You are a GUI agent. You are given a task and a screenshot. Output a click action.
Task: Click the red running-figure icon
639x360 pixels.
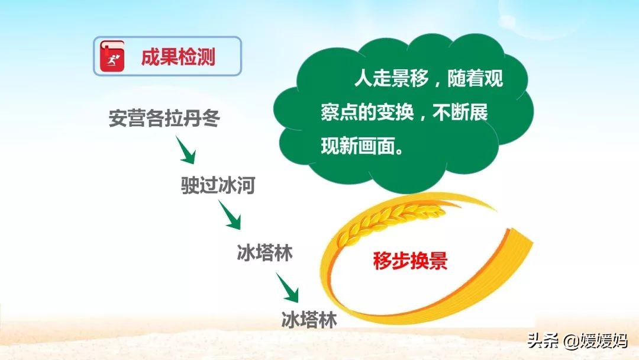(x=112, y=56)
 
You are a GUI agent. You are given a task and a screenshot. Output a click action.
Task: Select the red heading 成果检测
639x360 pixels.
(x=178, y=57)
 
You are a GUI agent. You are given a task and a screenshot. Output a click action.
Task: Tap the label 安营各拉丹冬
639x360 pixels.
(x=164, y=118)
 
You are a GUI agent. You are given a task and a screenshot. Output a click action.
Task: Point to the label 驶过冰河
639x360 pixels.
(x=218, y=185)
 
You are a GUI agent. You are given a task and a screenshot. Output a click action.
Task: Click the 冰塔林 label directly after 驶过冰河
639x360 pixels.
(x=265, y=253)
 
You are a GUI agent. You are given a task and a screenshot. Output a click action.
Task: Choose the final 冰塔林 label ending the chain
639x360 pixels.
(x=309, y=320)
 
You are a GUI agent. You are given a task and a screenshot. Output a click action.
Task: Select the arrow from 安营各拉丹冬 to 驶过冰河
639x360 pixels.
(x=186, y=150)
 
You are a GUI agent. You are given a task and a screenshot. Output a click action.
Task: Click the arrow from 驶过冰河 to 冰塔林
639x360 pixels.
(x=230, y=215)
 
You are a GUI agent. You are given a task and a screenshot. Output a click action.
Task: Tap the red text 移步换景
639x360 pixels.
(x=410, y=261)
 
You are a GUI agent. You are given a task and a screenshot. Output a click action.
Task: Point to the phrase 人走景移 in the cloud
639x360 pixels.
(x=392, y=78)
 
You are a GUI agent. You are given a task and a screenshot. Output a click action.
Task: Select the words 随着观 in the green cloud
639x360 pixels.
(x=475, y=78)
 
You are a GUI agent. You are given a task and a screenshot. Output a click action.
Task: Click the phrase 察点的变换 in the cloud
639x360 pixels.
(x=367, y=112)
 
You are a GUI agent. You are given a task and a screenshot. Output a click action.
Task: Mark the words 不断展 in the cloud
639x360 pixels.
(x=460, y=112)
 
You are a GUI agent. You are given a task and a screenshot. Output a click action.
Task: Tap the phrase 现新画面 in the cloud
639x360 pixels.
(x=358, y=146)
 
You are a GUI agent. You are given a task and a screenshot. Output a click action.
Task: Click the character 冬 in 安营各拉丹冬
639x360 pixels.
(x=211, y=118)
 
